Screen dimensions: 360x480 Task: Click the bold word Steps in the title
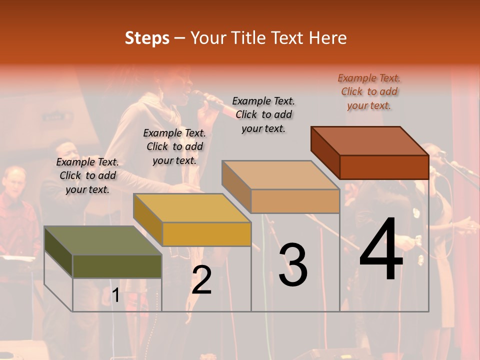click(147, 38)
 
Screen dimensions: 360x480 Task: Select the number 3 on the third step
click(292, 265)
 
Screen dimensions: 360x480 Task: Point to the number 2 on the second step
click(201, 280)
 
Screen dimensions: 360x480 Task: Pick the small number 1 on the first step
click(115, 295)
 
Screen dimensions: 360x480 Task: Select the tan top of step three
click(280, 175)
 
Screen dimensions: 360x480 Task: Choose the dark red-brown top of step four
click(370, 141)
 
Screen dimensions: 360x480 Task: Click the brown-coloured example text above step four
click(369, 91)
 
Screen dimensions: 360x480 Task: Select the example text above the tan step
click(263, 114)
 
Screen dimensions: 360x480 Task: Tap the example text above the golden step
click(174, 146)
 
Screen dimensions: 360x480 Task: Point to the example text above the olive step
click(87, 175)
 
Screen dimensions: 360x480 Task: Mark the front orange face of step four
click(384, 167)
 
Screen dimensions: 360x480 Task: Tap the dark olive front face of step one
click(117, 266)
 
